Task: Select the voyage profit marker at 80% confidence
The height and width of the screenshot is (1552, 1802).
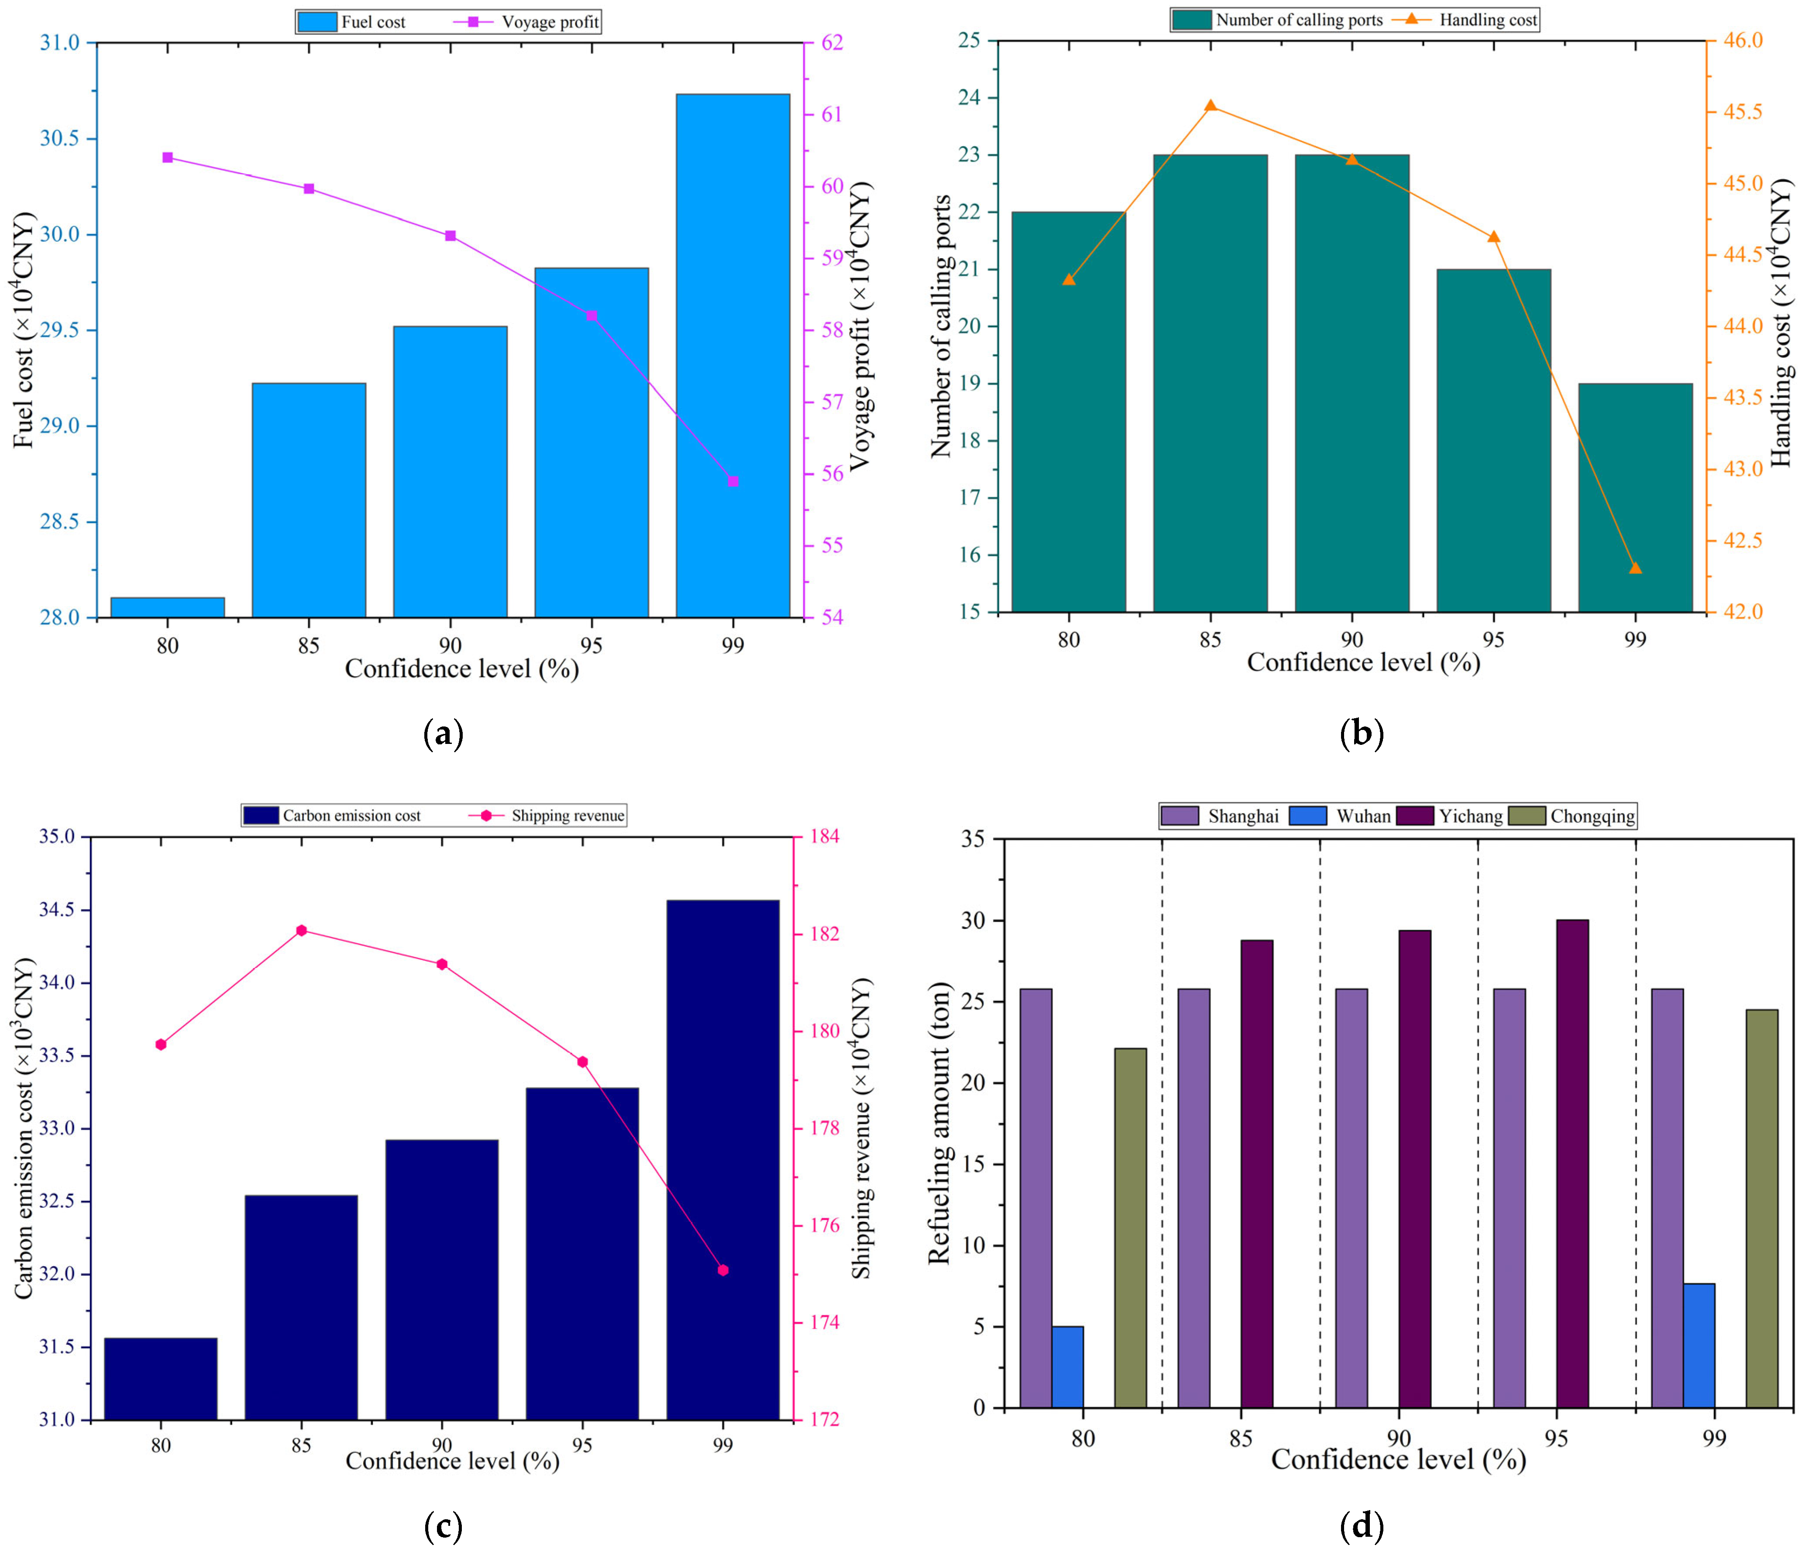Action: pos(168,158)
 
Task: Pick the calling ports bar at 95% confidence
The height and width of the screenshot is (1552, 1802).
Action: pos(1493,441)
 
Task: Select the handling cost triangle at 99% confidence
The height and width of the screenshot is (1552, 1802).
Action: pos(1635,568)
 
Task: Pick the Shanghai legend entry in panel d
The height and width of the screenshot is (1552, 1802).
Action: pos(1220,815)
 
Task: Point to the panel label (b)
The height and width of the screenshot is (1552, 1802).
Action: pos(1361,735)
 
